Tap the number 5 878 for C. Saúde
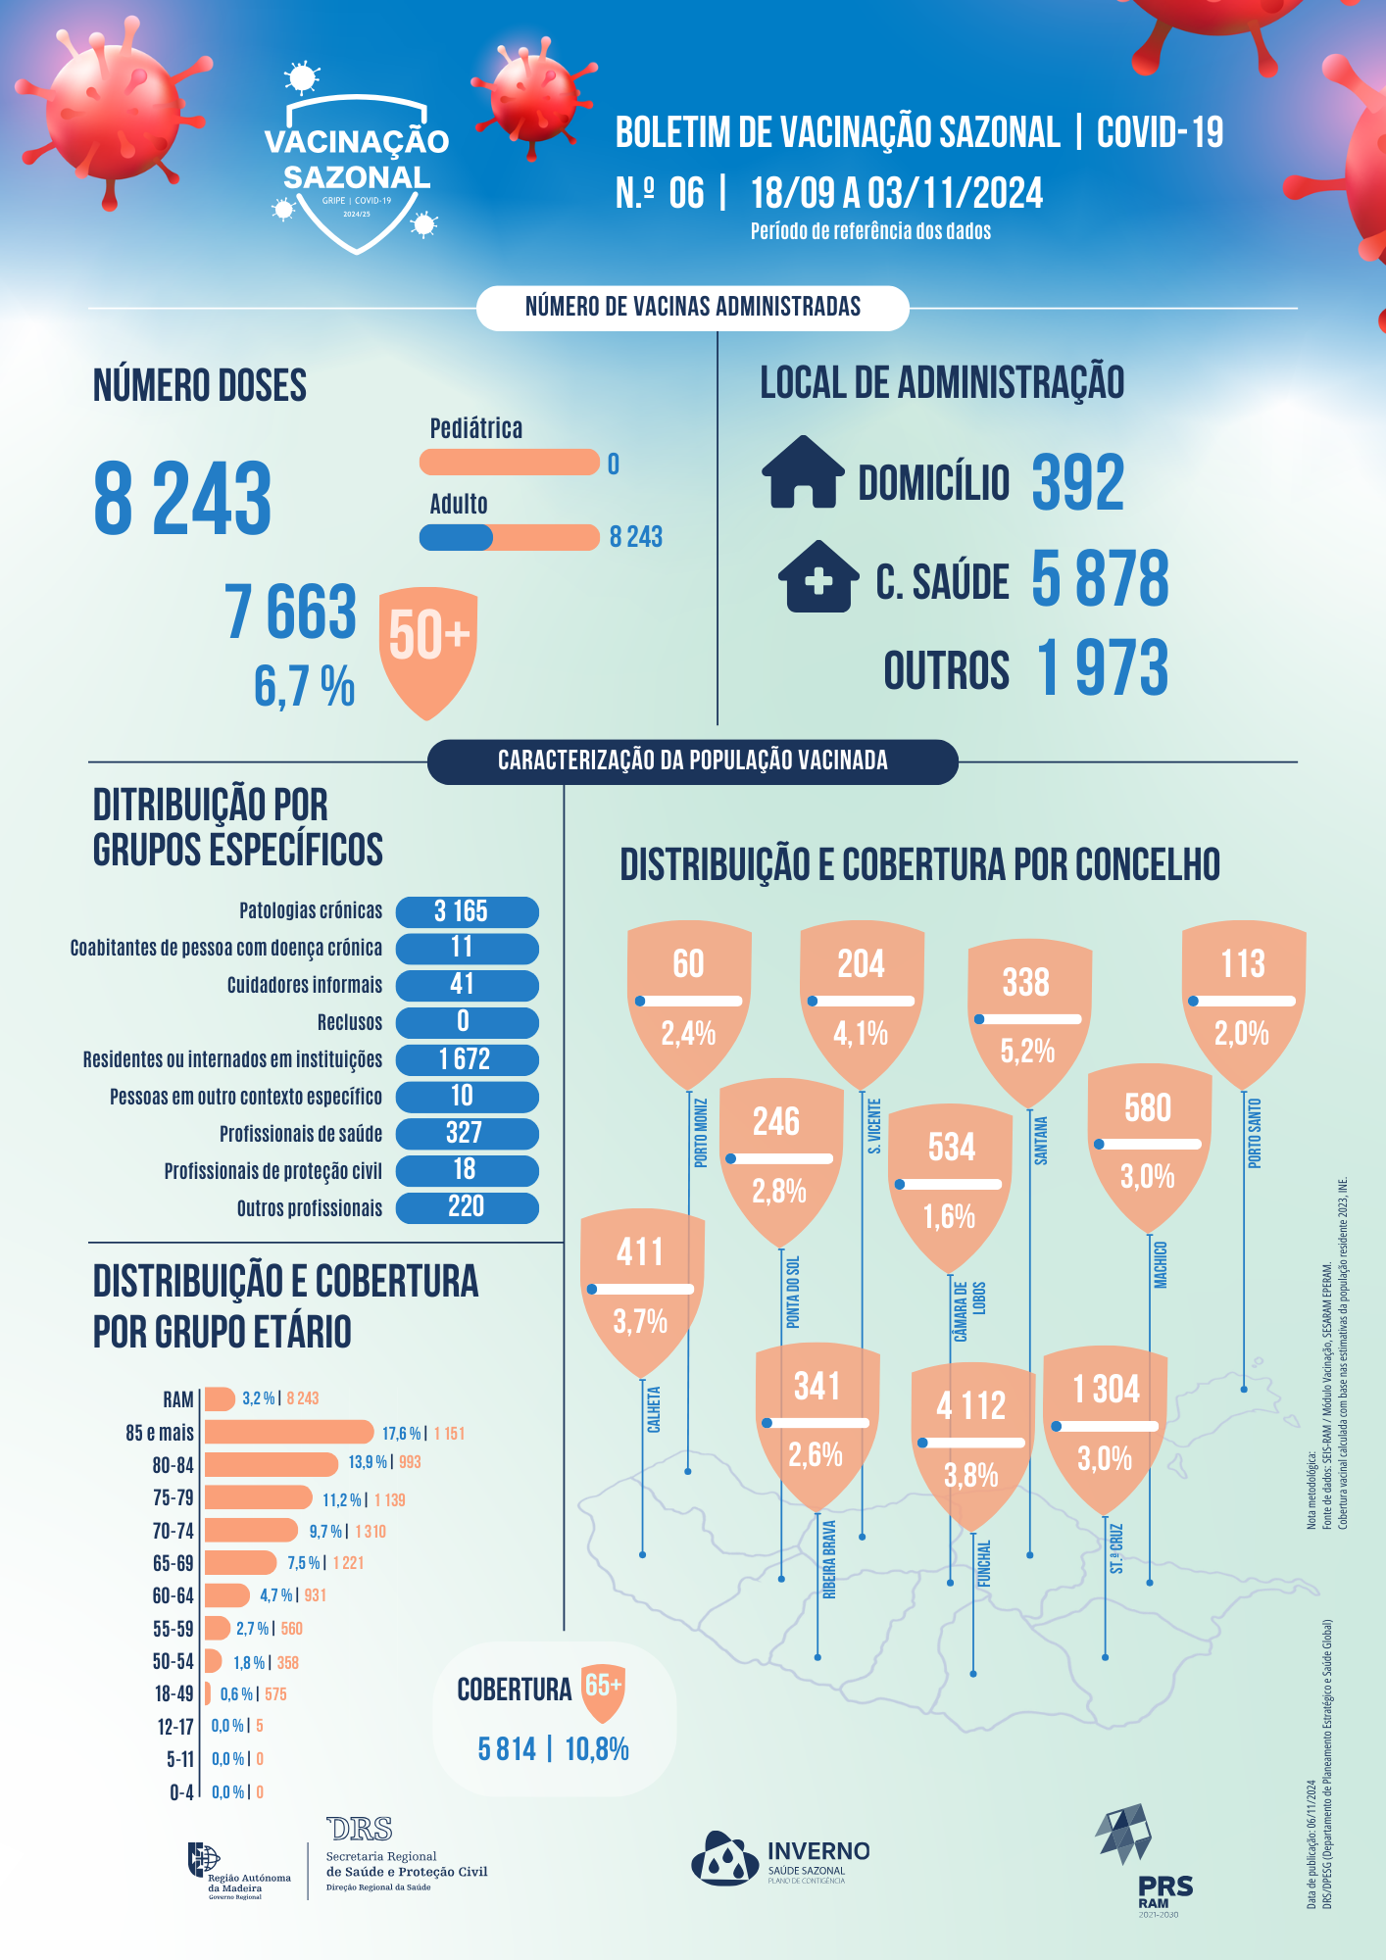point(1100,578)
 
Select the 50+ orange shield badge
point(428,647)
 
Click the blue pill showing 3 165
point(467,911)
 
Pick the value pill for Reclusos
point(467,1022)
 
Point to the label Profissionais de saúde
point(301,1134)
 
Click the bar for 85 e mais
point(289,1432)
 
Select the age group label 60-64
point(173,1595)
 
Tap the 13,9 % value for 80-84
point(368,1462)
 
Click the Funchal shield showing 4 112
point(971,1431)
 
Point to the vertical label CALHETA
point(654,1409)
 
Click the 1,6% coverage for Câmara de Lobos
point(950,1217)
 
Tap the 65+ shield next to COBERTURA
point(603,1690)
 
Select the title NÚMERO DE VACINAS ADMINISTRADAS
point(692,308)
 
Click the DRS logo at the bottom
point(360,1829)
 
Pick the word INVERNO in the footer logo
point(818,1851)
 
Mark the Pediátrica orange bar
point(509,462)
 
